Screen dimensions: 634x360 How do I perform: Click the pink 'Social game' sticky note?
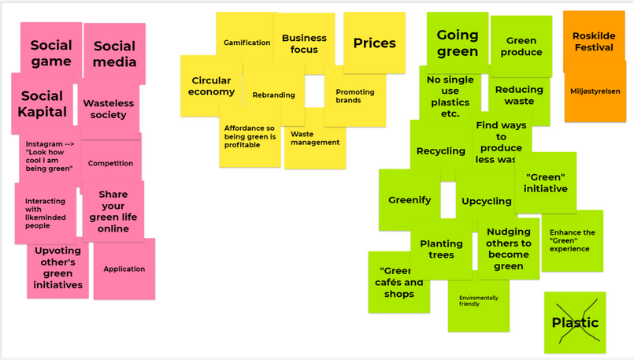[50, 52]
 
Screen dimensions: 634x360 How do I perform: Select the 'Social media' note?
[115, 53]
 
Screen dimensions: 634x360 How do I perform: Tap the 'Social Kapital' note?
[42, 103]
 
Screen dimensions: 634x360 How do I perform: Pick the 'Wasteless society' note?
[109, 109]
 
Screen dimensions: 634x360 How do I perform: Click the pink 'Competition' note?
[110, 163]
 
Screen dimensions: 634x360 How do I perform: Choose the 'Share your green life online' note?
[113, 211]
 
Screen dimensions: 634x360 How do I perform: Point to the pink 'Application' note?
[124, 269]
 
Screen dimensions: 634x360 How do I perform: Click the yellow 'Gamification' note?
[247, 43]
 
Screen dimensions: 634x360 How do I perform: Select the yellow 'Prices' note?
[374, 43]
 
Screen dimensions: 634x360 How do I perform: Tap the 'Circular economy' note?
[211, 86]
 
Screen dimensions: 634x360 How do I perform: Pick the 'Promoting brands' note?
[354, 96]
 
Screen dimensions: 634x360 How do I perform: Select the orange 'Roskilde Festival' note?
[594, 41]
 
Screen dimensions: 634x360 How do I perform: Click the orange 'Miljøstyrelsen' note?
[595, 92]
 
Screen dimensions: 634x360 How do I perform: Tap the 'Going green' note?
[457, 43]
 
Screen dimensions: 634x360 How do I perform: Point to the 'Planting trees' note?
[441, 250]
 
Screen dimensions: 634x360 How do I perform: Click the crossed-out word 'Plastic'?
[575, 322]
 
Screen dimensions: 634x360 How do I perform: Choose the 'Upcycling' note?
[486, 202]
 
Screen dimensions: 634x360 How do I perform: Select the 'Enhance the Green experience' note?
[572, 240]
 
